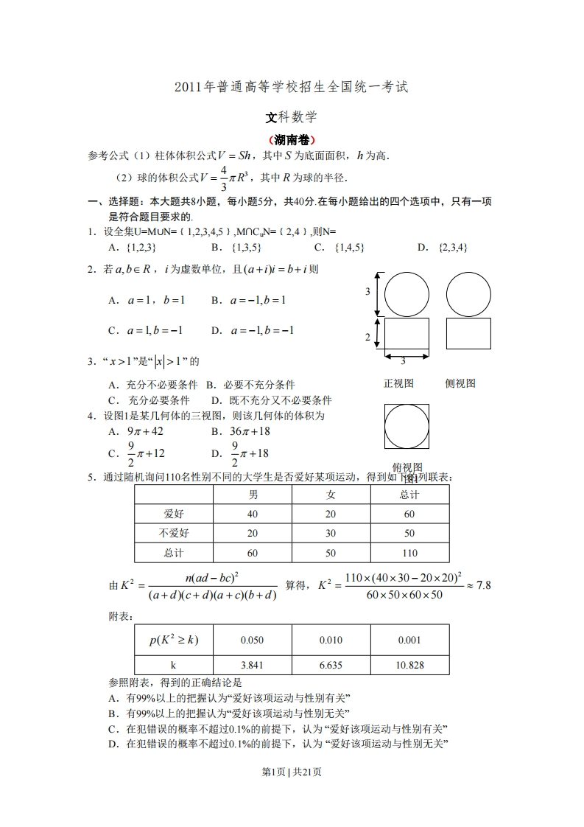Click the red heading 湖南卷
tap(292, 139)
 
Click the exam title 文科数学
tap(292, 117)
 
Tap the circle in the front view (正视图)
tap(407, 294)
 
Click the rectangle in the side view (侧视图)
tap(468, 332)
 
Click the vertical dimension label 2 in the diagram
tap(367, 337)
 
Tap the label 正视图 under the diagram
tap(399, 383)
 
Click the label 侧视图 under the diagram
tap(460, 383)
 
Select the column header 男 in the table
tap(253, 495)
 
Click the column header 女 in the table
tap(331, 495)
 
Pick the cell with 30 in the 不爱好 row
tap(331, 533)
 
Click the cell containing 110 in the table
tap(409, 553)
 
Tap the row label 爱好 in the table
tap(174, 514)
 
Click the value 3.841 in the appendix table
tap(253, 665)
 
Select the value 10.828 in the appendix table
tap(409, 665)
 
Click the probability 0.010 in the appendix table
tap(331, 641)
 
